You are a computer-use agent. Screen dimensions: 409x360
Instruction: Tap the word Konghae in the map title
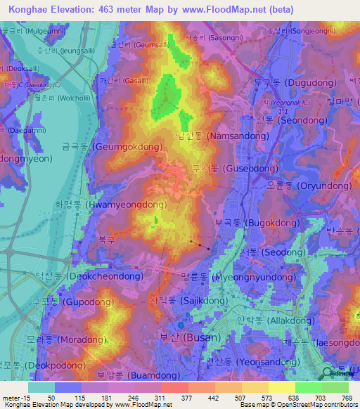(x=29, y=10)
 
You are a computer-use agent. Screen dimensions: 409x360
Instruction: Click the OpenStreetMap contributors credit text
(x=309, y=405)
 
